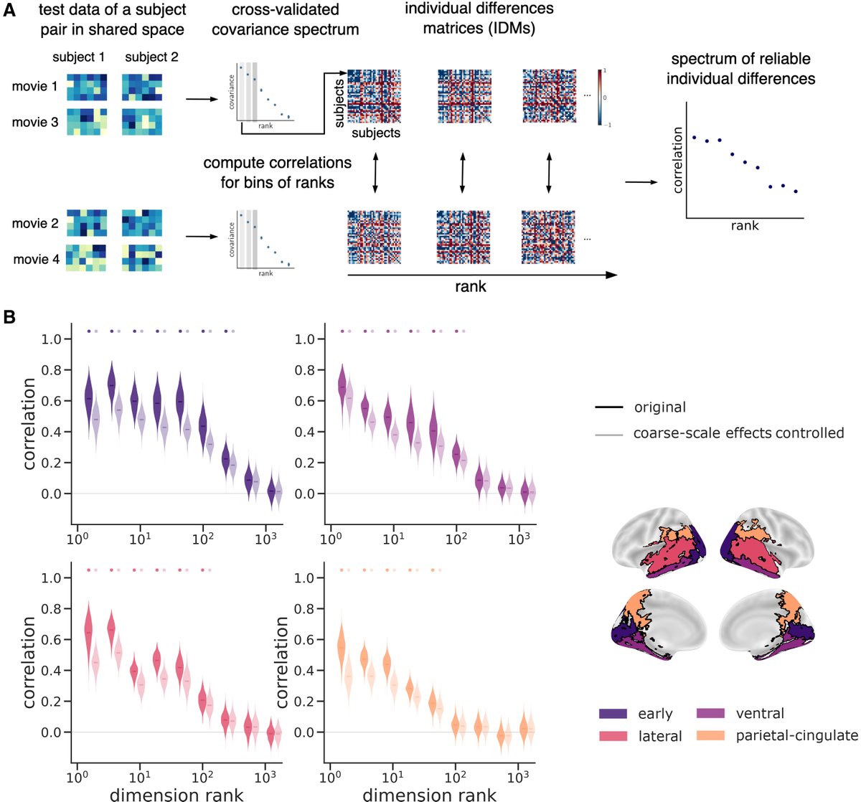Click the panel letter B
[11, 316]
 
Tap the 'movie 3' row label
[34, 122]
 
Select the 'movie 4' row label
[36, 259]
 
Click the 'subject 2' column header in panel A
[151, 57]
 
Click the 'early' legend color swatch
[613, 714]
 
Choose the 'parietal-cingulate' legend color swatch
[712, 735]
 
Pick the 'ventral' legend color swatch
[712, 714]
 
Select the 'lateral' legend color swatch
[613, 735]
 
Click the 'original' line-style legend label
[659, 407]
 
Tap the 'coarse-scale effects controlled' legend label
[738, 433]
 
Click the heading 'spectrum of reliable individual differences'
[740, 68]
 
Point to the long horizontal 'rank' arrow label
[470, 286]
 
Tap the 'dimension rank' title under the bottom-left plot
[176, 794]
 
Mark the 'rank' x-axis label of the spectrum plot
[744, 225]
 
